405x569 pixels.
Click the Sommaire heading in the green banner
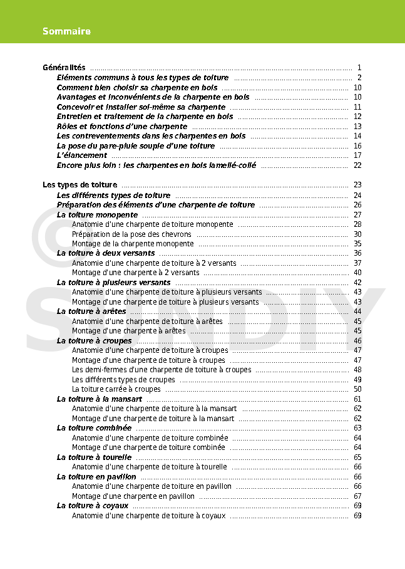pyautogui.click(x=67, y=31)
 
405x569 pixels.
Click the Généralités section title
pyautogui.click(x=64, y=68)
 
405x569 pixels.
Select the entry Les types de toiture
pyautogui.click(x=79, y=185)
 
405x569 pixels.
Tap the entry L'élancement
pyautogui.click(x=81, y=155)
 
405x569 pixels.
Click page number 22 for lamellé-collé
pyautogui.click(x=357, y=165)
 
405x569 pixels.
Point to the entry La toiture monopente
pyautogui.click(x=97, y=214)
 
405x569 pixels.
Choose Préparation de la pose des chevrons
pyautogui.click(x=131, y=234)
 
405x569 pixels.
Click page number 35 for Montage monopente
pyautogui.click(x=357, y=244)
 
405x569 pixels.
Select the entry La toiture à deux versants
pyautogui.click(x=106, y=253)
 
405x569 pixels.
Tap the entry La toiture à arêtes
pyautogui.click(x=91, y=311)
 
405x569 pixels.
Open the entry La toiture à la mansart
pyautogui.click(x=100, y=399)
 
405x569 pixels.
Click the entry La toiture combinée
pyautogui.click(x=94, y=428)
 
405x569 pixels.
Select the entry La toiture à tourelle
pyautogui.click(x=94, y=457)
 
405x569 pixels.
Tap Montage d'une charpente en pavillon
pyautogui.click(x=133, y=496)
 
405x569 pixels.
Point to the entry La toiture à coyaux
pyautogui.click(x=93, y=506)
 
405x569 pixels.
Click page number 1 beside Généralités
pyautogui.click(x=359, y=68)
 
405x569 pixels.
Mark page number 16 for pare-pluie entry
pyautogui.click(x=357, y=146)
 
